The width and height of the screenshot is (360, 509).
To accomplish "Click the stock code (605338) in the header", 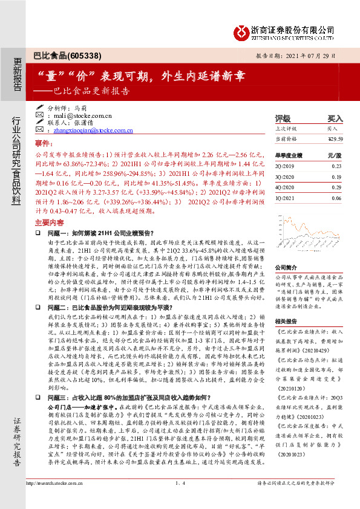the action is coord(79,55).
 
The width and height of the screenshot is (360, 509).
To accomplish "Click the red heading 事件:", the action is coord(45,144).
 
